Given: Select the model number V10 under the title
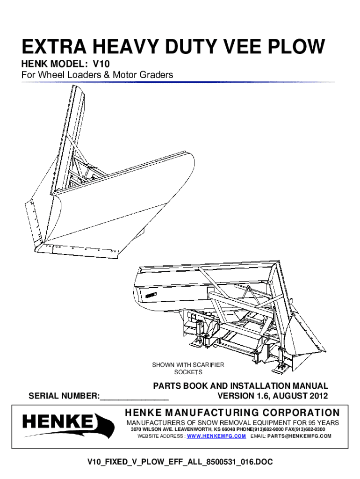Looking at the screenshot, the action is click(101, 64).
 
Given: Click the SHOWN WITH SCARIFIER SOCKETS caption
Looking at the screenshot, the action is click(188, 369).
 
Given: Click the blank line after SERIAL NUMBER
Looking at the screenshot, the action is click(134, 399).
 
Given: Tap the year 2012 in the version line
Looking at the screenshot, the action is click(318, 396).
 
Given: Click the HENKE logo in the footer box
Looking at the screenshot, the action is click(68, 425).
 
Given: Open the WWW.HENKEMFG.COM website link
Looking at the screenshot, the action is click(216, 436).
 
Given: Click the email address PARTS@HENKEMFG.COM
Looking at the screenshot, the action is click(299, 436).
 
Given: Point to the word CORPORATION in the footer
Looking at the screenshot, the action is click(301, 413).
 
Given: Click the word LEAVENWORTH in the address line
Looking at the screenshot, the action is click(195, 429).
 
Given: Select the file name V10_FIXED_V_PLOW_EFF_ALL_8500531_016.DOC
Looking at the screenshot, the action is click(180, 462).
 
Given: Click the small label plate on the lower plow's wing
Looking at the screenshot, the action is click(151, 295).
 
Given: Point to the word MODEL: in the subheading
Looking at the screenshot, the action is click(68, 64).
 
